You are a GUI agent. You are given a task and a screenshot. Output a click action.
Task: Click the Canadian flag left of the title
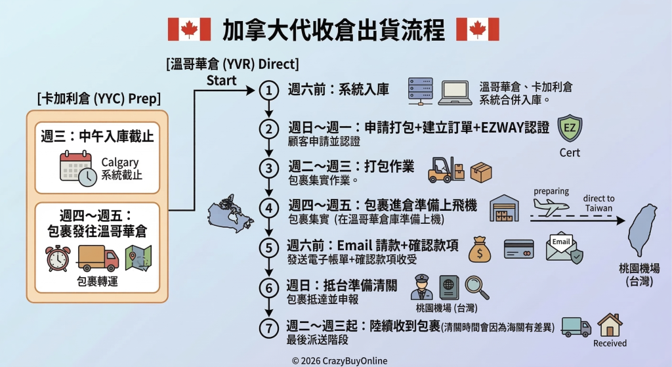189,29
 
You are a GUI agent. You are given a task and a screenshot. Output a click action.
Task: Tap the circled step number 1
268,91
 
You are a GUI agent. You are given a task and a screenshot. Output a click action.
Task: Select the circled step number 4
268,208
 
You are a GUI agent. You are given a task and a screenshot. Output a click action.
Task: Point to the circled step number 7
268,328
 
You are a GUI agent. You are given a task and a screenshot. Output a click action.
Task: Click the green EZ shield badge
570,128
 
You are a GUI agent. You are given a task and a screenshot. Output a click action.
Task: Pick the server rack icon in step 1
420,91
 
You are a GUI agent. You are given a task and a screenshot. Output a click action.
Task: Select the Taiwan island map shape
642,230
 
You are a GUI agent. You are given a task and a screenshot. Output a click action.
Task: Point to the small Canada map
230,213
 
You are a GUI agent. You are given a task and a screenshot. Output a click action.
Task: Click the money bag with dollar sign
480,249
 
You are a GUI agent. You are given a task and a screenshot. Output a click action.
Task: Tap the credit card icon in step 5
518,249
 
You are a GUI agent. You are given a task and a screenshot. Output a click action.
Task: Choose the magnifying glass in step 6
477,288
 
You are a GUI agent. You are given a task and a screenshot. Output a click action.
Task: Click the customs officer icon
422,288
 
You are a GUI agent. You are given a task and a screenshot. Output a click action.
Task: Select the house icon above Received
610,325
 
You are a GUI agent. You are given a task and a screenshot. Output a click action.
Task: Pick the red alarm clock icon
58,259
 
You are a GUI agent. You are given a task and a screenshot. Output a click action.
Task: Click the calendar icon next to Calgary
78,169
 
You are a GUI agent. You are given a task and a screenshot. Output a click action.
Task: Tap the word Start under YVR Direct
222,80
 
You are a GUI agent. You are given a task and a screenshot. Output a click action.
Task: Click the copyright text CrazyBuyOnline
339,361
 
